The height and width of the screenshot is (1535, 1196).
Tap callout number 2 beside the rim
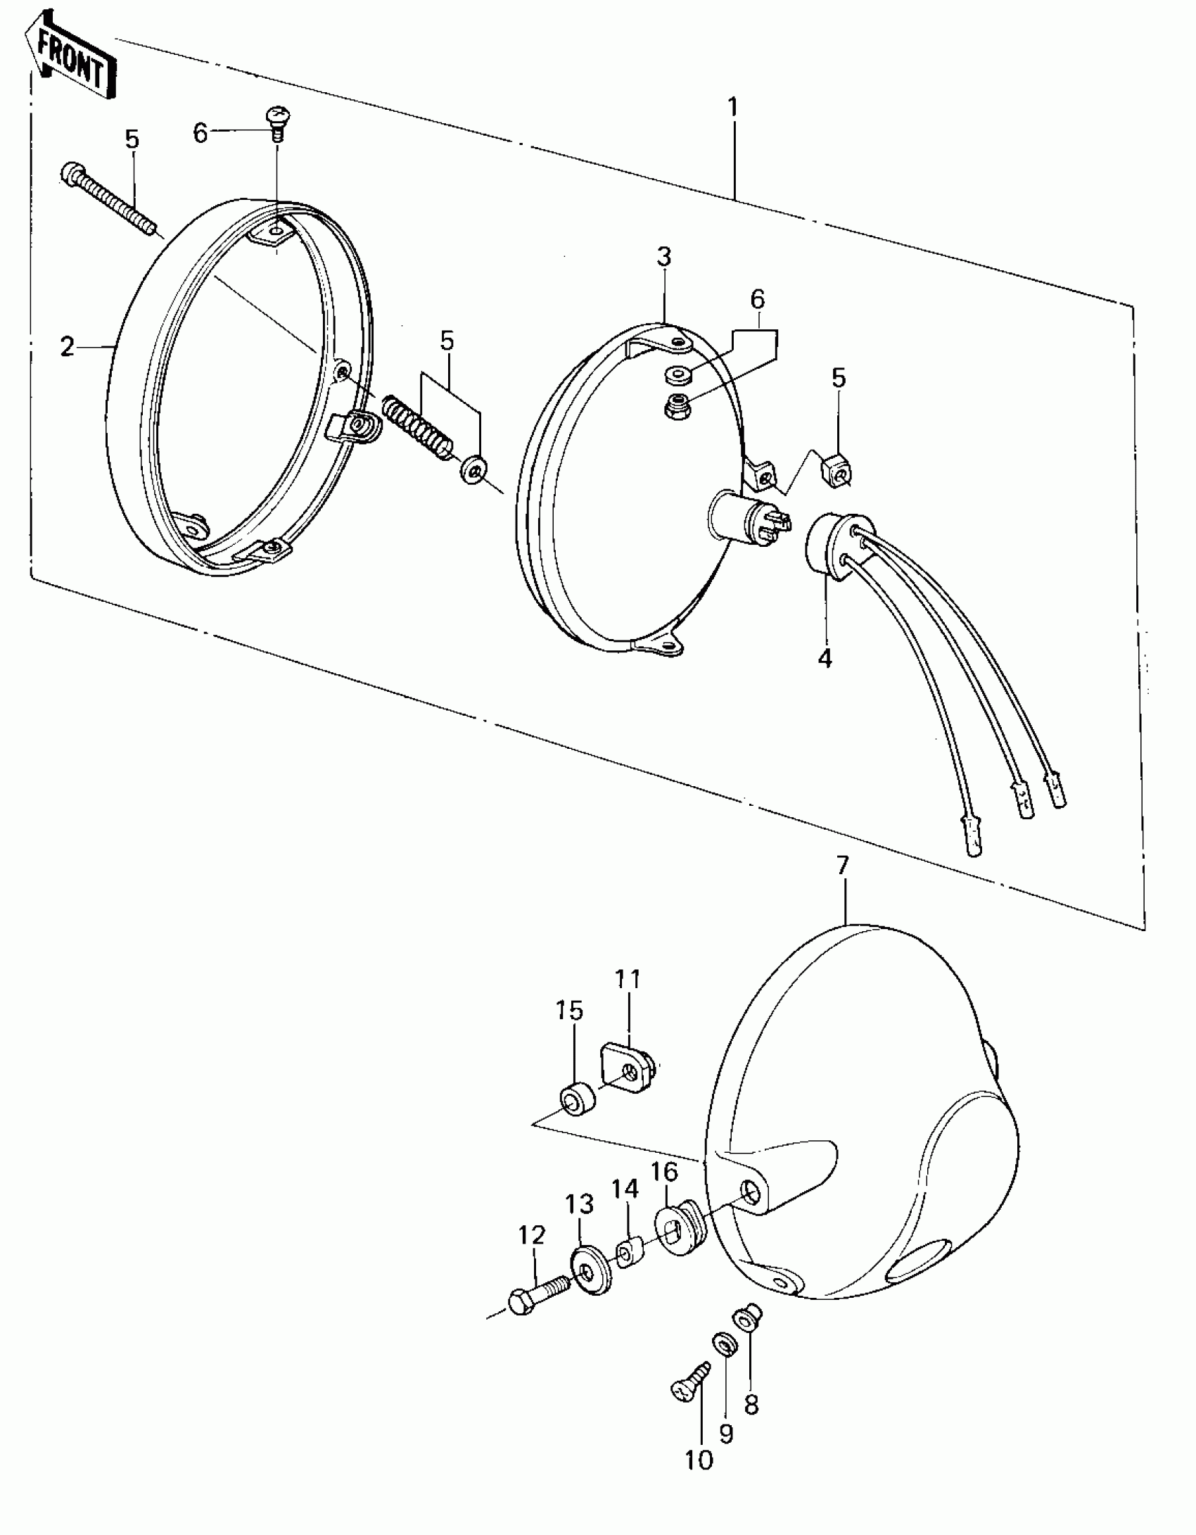click(67, 347)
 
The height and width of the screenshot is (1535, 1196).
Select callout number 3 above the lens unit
click(664, 257)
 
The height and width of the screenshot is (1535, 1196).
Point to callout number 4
click(825, 659)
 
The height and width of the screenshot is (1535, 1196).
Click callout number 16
click(664, 1171)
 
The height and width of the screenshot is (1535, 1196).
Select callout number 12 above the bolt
click(532, 1234)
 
